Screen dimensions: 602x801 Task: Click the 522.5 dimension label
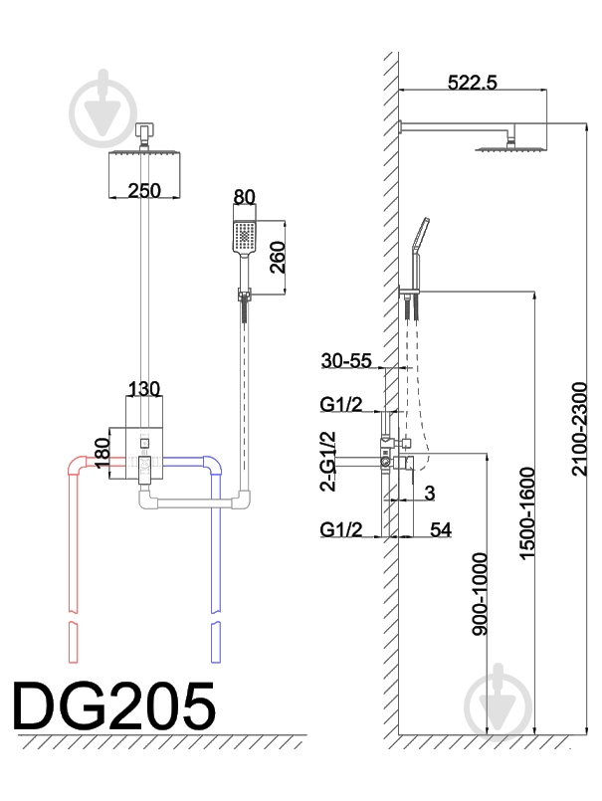tap(472, 83)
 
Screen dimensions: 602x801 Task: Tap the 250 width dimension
tap(144, 190)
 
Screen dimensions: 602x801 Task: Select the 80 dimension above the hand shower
tap(244, 197)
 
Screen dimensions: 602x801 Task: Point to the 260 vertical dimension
tap(277, 258)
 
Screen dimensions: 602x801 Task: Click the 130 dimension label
tap(144, 389)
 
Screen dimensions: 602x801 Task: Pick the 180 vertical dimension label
tap(102, 453)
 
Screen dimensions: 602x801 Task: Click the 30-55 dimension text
tap(346, 360)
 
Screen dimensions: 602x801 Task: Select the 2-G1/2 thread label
tap(327, 461)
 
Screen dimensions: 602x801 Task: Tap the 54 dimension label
tap(441, 529)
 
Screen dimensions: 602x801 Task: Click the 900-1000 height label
tap(480, 594)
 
